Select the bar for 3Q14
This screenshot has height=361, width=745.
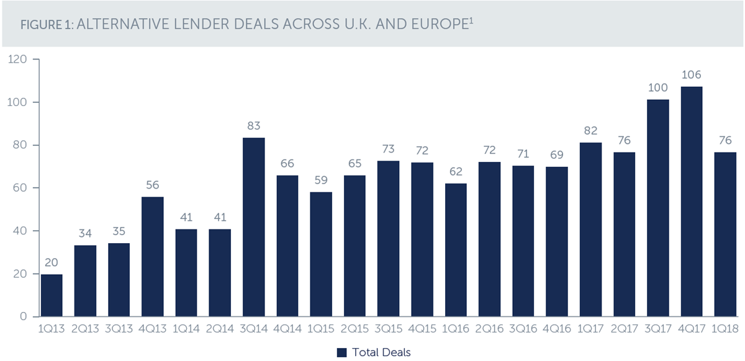tap(254, 227)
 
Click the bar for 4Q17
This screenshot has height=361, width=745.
tap(692, 202)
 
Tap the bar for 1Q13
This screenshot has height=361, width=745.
tap(52, 295)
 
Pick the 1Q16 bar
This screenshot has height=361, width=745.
tap(456, 250)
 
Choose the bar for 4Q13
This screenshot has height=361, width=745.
tap(152, 257)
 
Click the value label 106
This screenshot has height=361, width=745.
tap(692, 75)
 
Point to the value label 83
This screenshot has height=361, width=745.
tap(253, 126)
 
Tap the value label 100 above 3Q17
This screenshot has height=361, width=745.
tap(658, 87)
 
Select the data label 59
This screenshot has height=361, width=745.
tap(321, 180)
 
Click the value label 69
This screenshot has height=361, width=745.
tap(557, 155)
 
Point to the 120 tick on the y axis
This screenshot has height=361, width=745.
tap(17, 59)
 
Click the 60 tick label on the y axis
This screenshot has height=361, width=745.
tap(20, 188)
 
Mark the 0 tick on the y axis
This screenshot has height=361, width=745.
tap(24, 316)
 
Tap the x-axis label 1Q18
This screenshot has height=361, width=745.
tap(725, 329)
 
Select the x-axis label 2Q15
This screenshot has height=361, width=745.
tap(354, 329)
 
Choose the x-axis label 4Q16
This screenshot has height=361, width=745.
tap(557, 329)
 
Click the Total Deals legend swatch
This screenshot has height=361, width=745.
tap(341, 353)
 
